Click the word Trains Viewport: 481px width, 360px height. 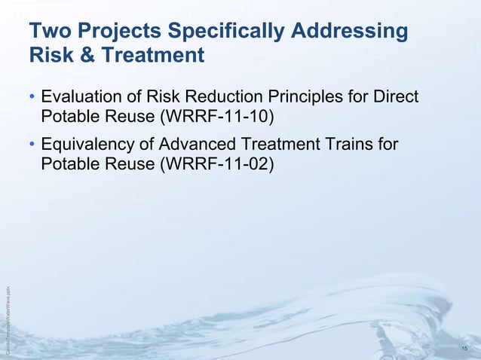(x=353, y=143)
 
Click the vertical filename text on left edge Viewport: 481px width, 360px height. (x=7, y=317)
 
